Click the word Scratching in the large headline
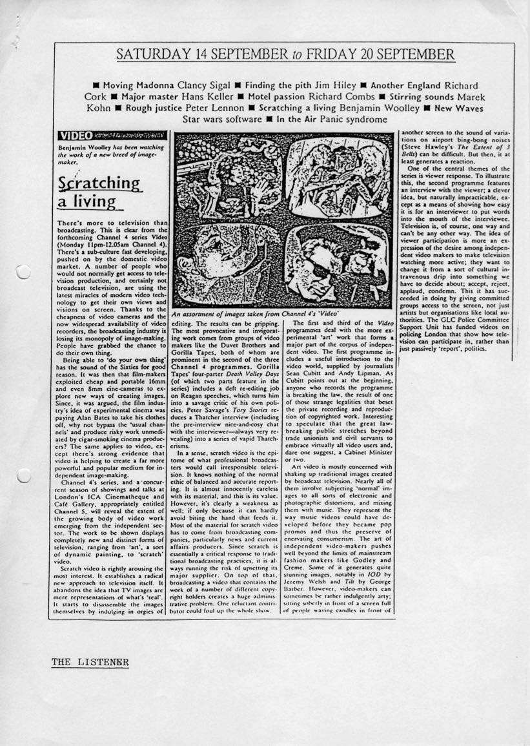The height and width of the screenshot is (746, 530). (98, 184)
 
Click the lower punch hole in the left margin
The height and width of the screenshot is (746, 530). (23, 477)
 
